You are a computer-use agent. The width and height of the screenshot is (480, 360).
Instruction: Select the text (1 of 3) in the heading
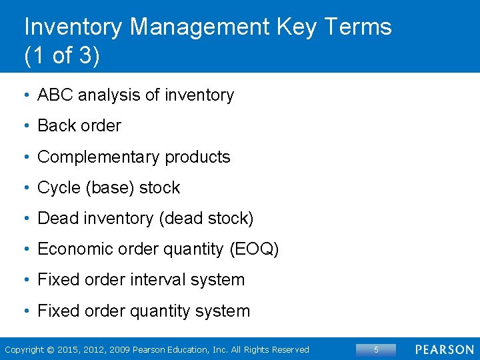(x=61, y=56)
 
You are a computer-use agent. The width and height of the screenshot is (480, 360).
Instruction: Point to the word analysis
(x=109, y=95)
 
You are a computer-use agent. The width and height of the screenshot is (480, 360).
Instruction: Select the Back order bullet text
(x=79, y=126)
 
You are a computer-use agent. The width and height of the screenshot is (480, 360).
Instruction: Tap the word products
(x=197, y=157)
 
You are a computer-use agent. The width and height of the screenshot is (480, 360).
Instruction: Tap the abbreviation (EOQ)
(x=254, y=249)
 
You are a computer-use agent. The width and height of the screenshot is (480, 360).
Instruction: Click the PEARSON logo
(x=445, y=349)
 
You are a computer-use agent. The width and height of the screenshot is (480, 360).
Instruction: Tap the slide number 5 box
(x=376, y=349)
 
